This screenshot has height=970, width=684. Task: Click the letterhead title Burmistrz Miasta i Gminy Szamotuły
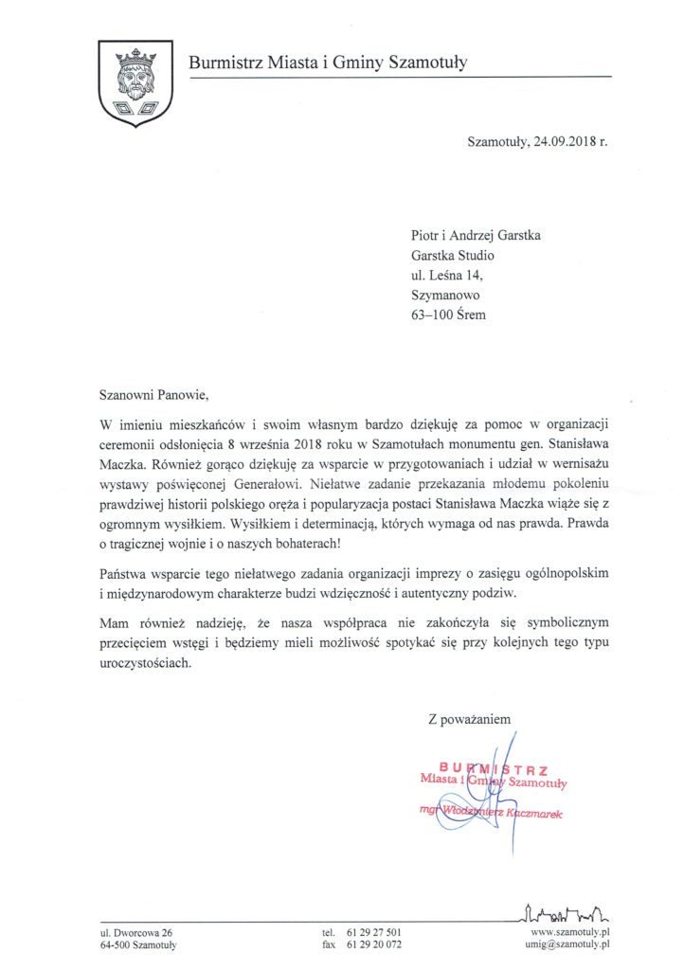pos(328,63)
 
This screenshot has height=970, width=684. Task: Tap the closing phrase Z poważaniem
pos(470,720)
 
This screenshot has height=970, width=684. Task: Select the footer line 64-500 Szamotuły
pos(138,944)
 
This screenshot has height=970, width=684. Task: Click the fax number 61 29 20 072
pos(375,944)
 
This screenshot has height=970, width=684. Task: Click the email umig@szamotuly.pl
pos(565,944)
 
